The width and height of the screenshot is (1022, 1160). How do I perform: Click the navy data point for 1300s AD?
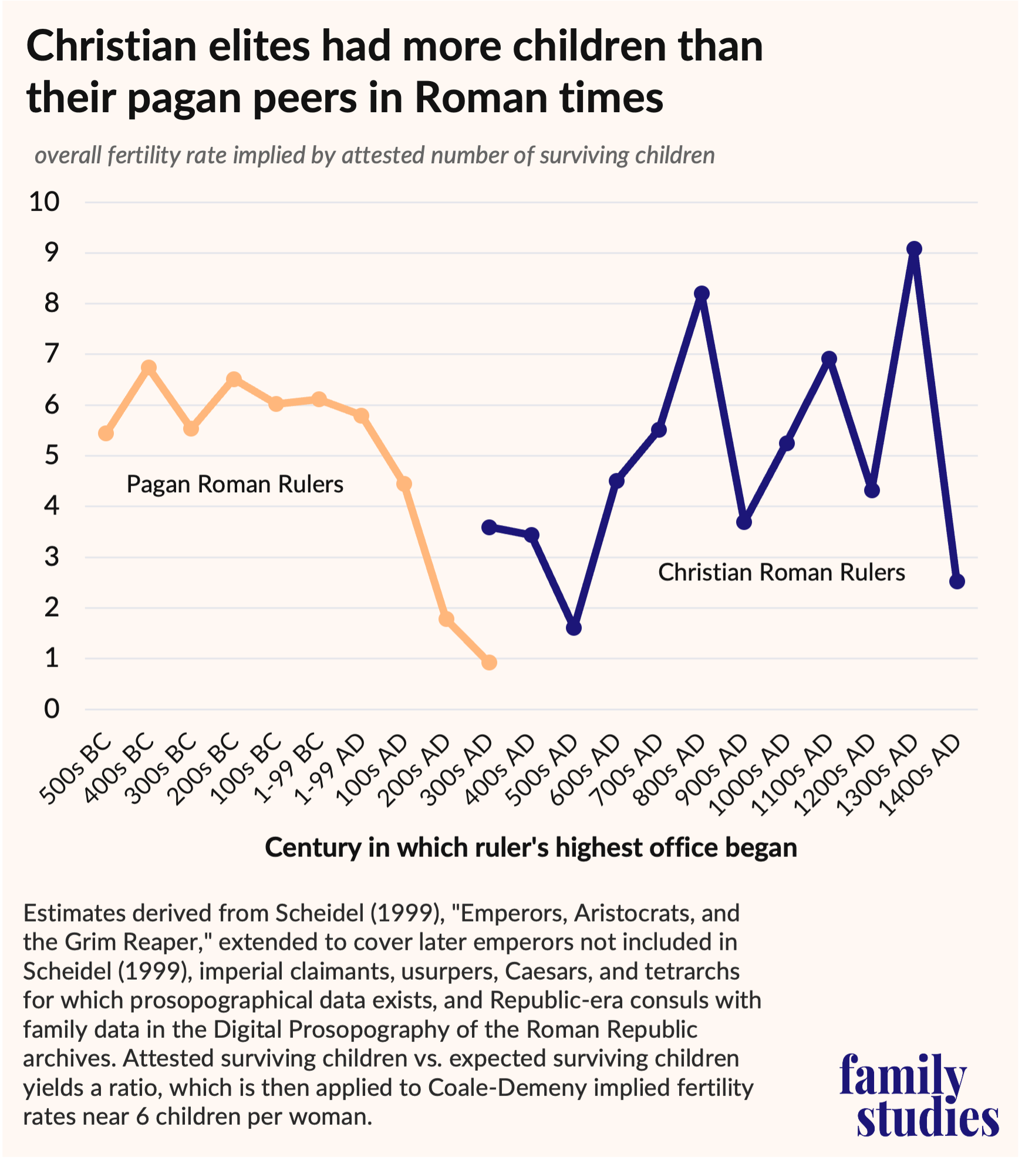click(x=914, y=250)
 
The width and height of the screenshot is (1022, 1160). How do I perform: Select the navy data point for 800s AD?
click(x=701, y=294)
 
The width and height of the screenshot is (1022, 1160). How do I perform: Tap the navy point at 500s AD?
click(x=574, y=628)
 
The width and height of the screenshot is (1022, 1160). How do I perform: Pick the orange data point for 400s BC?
click(x=149, y=368)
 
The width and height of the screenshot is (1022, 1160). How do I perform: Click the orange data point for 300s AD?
click(x=489, y=663)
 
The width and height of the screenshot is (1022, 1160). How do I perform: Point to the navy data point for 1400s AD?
click(x=957, y=581)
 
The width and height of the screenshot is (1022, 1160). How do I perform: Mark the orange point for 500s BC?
click(x=106, y=433)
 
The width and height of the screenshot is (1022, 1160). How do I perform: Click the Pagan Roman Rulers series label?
click(x=235, y=485)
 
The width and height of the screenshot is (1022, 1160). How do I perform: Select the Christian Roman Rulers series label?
click(x=781, y=573)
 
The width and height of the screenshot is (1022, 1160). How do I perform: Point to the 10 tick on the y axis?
click(x=45, y=202)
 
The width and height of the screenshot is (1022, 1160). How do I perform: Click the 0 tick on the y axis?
click(x=52, y=710)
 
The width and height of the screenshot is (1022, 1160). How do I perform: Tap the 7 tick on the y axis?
click(x=52, y=354)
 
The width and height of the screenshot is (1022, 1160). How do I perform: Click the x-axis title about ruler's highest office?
click(x=531, y=848)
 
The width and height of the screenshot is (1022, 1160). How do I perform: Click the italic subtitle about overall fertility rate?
click(x=375, y=156)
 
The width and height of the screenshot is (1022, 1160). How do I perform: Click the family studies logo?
click(x=919, y=1095)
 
